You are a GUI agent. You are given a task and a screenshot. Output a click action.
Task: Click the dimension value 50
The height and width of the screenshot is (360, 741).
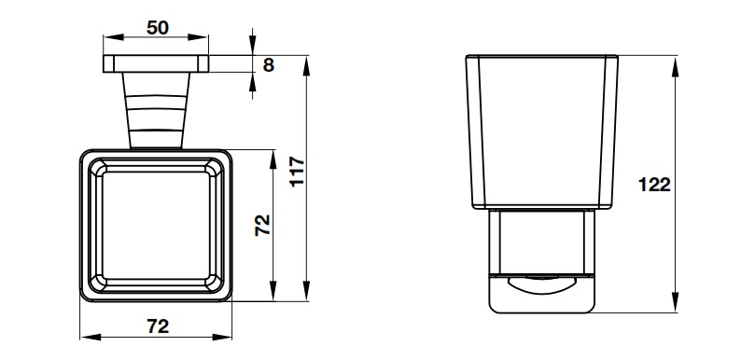pyautogui.click(x=158, y=28)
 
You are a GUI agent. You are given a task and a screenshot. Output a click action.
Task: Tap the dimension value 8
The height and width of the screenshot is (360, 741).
pyautogui.click(x=269, y=64)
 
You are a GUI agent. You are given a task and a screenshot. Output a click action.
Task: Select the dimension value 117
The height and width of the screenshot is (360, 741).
pyautogui.click(x=298, y=172)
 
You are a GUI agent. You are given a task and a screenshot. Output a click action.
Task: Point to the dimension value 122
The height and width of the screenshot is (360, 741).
pyautogui.click(x=654, y=185)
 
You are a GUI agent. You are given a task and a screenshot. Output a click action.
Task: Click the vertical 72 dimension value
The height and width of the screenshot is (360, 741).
pyautogui.click(x=262, y=225)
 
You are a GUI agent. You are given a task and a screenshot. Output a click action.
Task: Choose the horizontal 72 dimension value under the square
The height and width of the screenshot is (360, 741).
pyautogui.click(x=158, y=326)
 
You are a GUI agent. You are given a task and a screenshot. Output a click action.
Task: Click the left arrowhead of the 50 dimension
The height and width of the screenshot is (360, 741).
pyautogui.click(x=114, y=37)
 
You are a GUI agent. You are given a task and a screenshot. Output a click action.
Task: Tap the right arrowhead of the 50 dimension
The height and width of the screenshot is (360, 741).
pyautogui.click(x=198, y=37)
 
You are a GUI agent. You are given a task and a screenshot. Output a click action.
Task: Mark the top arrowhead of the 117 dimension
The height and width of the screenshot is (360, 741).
pyautogui.click(x=307, y=65)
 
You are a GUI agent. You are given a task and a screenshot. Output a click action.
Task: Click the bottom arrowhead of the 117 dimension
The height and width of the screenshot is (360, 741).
pyautogui.click(x=307, y=291)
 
